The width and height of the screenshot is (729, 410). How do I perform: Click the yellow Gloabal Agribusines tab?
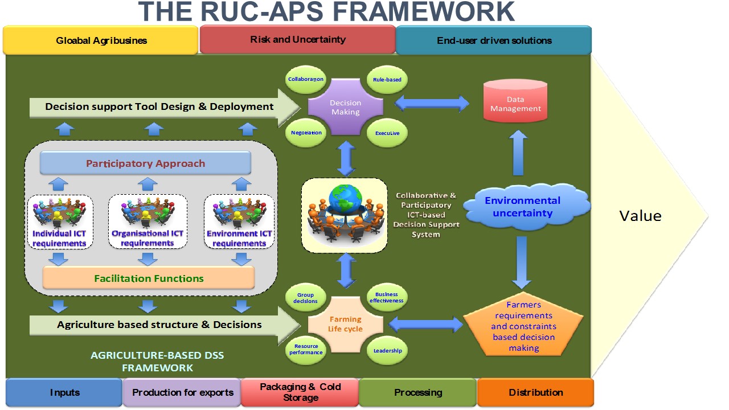pyautogui.click(x=101, y=40)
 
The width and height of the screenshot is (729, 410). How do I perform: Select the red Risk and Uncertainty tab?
pyautogui.click(x=297, y=40)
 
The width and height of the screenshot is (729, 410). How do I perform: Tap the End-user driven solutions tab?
pyautogui.click(x=494, y=40)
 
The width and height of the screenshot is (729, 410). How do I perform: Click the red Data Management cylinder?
pyautogui.click(x=515, y=102)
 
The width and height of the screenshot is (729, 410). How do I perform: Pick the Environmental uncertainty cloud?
pyautogui.click(x=522, y=207)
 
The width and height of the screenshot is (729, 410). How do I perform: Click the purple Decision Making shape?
pyautogui.click(x=346, y=107)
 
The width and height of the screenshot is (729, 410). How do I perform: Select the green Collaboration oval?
pyautogui.click(x=306, y=79)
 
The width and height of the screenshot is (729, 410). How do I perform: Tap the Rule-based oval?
pyautogui.click(x=387, y=79)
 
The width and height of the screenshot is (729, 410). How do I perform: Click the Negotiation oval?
pyautogui.click(x=306, y=133)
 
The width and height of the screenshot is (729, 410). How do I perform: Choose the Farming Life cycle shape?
pyautogui.click(x=345, y=325)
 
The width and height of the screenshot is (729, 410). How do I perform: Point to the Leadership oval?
pyautogui.click(x=387, y=351)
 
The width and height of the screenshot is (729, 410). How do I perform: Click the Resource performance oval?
pyautogui.click(x=306, y=349)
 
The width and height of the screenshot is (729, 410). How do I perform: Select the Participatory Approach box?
pyautogui.click(x=145, y=163)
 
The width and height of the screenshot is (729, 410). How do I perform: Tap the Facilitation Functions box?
pyautogui.click(x=149, y=278)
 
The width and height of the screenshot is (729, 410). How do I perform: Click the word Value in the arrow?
pyautogui.click(x=640, y=216)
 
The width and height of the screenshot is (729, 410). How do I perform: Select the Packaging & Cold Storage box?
pyautogui.click(x=300, y=392)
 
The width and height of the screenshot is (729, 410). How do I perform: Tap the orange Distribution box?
pyautogui.click(x=535, y=392)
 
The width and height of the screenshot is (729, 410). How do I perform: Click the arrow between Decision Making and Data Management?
pyautogui.click(x=432, y=104)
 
